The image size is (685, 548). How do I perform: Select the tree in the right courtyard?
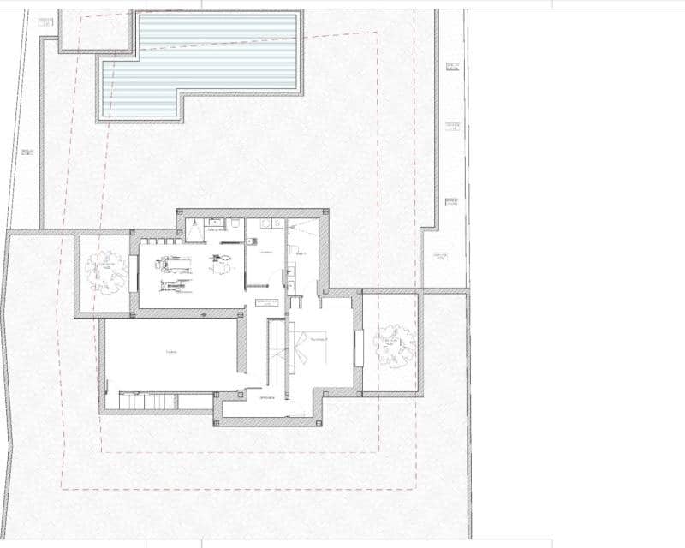[394, 346]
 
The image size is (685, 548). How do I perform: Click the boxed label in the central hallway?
[267, 302]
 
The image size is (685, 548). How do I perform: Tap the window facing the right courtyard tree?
[359, 346]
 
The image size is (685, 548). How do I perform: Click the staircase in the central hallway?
[276, 351]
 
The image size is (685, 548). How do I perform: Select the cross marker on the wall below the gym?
[203, 316]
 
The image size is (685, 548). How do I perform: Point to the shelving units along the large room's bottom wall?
[158, 401]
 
